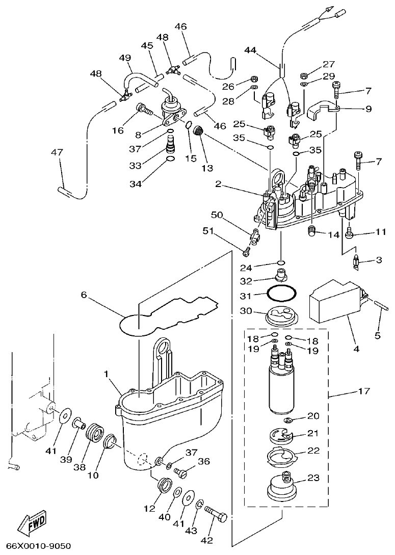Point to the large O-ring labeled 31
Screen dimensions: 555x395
tap(281, 295)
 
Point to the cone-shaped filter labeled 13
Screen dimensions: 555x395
tap(200, 131)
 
